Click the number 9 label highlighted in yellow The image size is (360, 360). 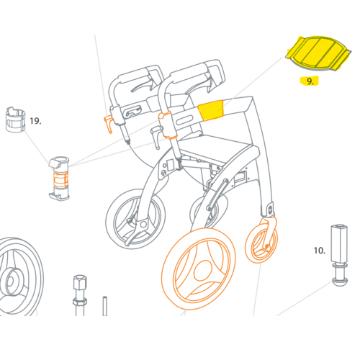click(310, 81)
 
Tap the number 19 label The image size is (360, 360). click(35, 121)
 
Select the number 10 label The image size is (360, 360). click(320, 251)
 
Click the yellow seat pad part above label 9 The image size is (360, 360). click(318, 53)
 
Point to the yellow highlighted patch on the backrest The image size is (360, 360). click(211, 110)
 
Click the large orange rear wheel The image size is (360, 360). click(199, 269)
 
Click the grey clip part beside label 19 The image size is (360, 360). click(15, 120)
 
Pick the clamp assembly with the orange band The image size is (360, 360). click(59, 179)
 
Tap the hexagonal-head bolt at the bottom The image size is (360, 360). click(80, 295)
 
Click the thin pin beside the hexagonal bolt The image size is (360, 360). click(104, 306)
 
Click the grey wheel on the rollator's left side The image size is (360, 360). click(135, 219)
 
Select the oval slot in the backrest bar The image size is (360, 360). click(185, 120)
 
